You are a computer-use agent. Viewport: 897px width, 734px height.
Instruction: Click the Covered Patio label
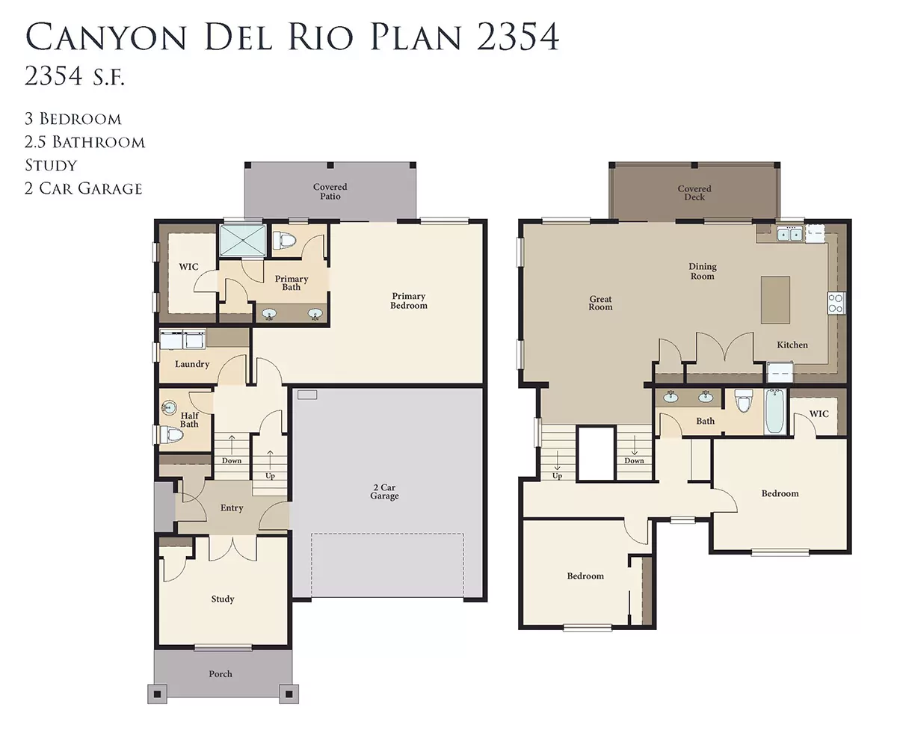click(330, 191)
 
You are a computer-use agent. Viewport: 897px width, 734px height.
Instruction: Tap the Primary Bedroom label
click(408, 300)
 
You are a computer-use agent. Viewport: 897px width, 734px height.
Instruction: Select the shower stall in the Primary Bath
click(242, 240)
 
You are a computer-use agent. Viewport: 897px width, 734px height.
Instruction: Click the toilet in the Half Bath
click(170, 434)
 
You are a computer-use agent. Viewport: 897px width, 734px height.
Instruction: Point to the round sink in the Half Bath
click(169, 408)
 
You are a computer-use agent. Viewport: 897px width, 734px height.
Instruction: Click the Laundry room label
click(192, 364)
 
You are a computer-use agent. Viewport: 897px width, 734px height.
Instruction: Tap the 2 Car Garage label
click(384, 492)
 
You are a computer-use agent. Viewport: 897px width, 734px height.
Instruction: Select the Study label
click(223, 599)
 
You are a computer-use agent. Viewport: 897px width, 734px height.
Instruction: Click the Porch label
click(221, 673)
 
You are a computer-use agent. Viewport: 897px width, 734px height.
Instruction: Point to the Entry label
click(232, 508)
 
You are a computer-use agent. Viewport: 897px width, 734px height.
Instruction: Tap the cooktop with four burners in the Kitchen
click(836, 303)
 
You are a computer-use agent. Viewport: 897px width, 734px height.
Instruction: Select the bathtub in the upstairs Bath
click(775, 411)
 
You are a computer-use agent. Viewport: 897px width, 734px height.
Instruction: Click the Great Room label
click(600, 303)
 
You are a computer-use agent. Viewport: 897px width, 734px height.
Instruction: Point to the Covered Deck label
click(694, 193)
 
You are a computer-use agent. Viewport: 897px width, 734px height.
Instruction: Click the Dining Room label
click(702, 271)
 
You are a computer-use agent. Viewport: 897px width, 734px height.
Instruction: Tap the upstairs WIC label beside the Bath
click(819, 414)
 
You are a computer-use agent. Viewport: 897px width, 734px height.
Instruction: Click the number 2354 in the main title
click(517, 37)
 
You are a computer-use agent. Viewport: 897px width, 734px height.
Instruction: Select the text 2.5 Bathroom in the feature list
click(84, 142)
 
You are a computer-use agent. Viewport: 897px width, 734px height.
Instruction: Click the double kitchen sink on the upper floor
click(789, 233)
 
